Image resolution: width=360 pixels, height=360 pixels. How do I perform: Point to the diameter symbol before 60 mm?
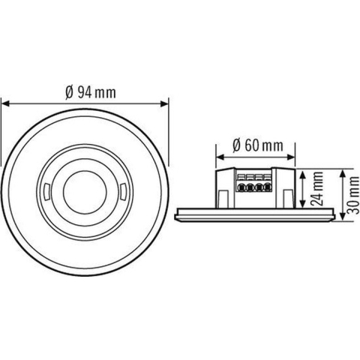tap(237, 145)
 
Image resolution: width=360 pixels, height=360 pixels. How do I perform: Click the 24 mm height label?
tap(318, 190)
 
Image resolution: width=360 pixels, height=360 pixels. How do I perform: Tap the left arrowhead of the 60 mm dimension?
tap(218, 156)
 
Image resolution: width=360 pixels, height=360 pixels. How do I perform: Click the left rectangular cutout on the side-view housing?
tap(222, 196)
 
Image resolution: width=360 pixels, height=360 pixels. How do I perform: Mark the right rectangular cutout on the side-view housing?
tap(285, 196)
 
